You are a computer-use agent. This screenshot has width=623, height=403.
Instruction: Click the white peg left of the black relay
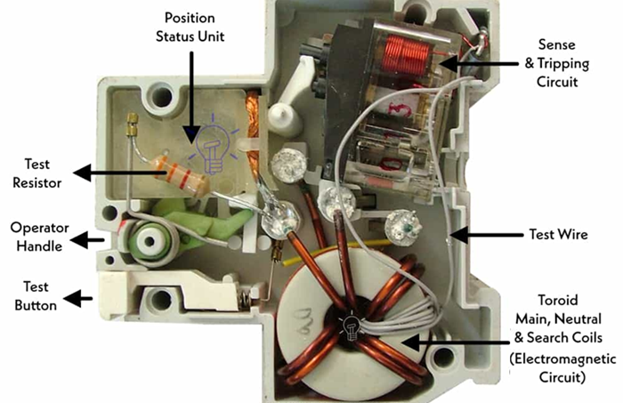click(x=281, y=115)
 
